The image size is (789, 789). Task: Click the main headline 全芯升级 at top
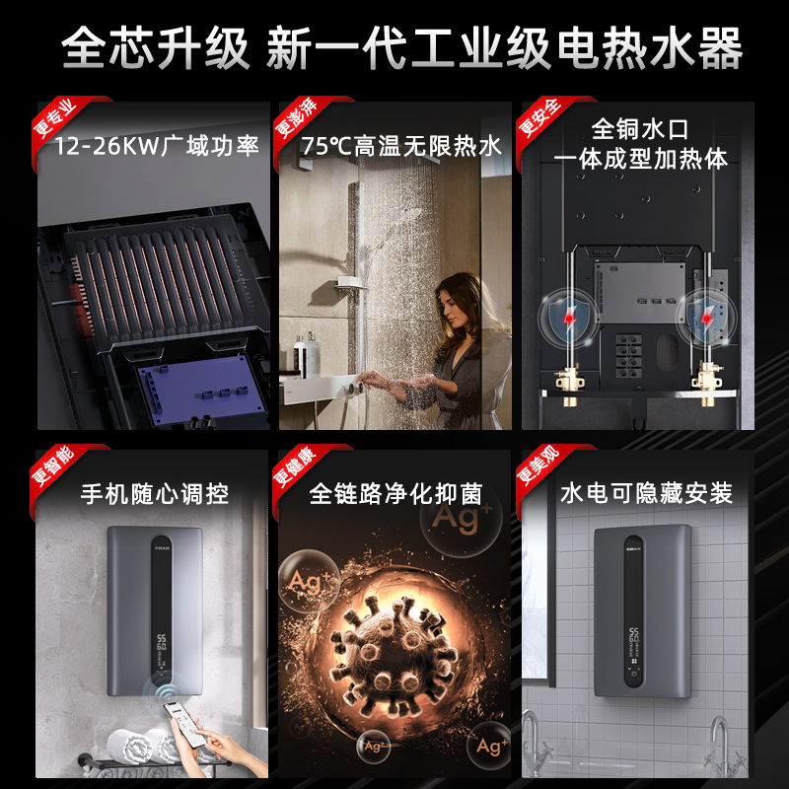tap(156, 48)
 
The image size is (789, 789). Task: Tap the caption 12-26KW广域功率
tap(157, 148)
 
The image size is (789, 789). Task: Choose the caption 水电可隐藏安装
tap(646, 493)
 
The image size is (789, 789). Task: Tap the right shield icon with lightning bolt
tap(706, 317)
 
